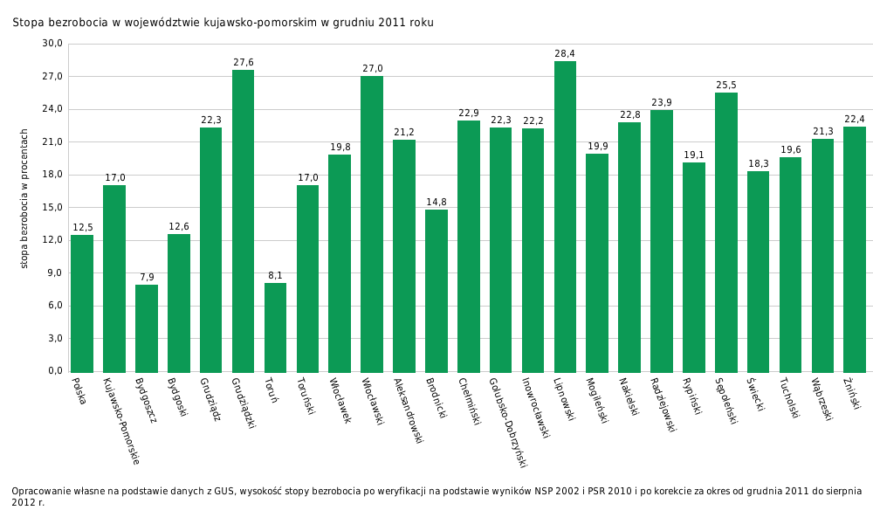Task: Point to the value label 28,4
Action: (x=565, y=54)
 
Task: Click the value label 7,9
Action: (x=147, y=278)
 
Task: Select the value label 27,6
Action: (x=243, y=63)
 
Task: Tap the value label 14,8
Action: (x=436, y=203)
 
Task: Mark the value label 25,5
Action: (x=726, y=86)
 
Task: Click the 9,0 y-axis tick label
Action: (x=54, y=272)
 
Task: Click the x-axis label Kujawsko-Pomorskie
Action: (x=120, y=420)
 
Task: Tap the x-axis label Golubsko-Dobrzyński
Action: (x=507, y=422)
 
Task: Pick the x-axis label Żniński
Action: (x=852, y=394)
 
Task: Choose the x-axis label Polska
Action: (x=79, y=390)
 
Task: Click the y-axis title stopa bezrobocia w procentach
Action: (x=24, y=198)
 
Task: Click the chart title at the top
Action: (x=223, y=23)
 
